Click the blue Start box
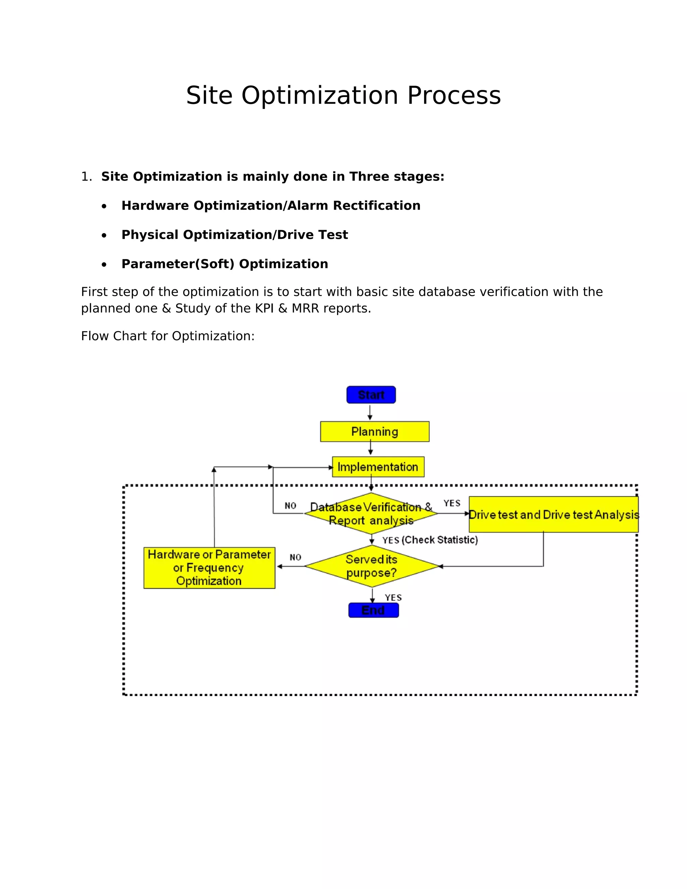click(x=371, y=395)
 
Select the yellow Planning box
click(x=374, y=431)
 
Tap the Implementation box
click(x=378, y=467)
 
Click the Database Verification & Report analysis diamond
click(x=371, y=513)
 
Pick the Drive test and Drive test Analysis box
click(x=553, y=515)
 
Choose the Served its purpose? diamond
click(x=371, y=566)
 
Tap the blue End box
click(x=373, y=610)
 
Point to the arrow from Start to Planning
click(x=370, y=412)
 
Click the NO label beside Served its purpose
click(x=296, y=557)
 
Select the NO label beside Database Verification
click(x=290, y=506)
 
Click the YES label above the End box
click(x=393, y=597)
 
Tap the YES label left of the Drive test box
click(x=452, y=503)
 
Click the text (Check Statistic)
click(x=439, y=540)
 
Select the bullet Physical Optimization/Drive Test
click(x=234, y=235)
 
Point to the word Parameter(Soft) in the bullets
click(x=178, y=264)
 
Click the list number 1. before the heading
click(x=86, y=177)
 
